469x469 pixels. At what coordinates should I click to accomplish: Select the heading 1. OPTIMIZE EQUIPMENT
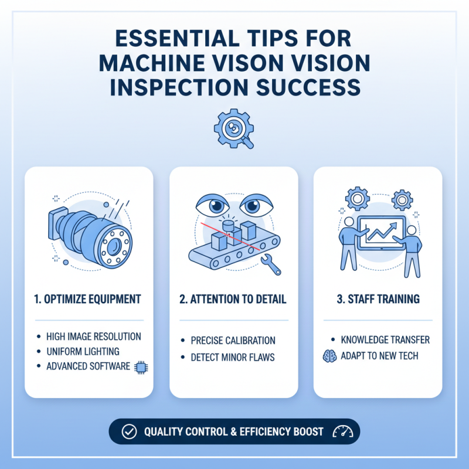pos(89,299)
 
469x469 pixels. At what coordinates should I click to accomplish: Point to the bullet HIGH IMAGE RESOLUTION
pos(93,337)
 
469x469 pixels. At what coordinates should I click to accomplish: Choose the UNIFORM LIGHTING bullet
pos(83,351)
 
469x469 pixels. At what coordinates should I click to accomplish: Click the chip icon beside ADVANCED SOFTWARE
pos(140,366)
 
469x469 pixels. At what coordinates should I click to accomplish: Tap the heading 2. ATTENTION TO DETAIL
pos(233,299)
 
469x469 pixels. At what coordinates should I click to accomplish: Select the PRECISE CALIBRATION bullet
pos(233,340)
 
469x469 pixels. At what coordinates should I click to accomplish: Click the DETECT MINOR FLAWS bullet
pos(233,357)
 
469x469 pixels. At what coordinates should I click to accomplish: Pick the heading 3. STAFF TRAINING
pos(378,299)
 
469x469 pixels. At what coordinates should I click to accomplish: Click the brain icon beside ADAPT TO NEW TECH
pos(329,356)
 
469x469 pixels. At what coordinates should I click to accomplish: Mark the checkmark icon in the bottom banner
pos(128,431)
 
